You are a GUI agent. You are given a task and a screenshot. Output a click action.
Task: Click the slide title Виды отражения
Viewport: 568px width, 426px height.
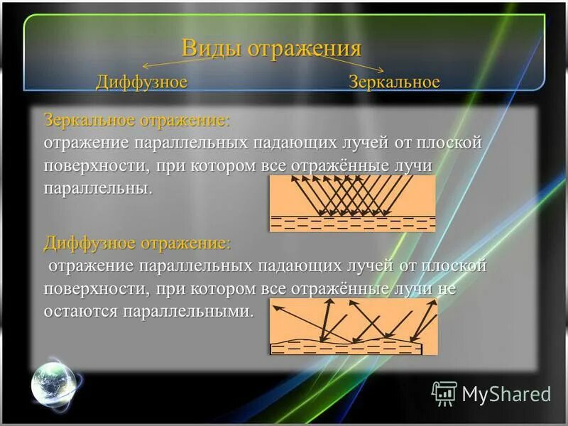[x=271, y=48]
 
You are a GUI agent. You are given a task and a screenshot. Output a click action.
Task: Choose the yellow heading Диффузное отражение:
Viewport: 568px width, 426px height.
[x=137, y=243]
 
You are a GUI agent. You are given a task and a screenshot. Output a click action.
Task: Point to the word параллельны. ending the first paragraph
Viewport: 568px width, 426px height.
[x=98, y=189]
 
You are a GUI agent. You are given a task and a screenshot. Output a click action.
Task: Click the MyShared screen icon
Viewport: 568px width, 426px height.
[x=444, y=393]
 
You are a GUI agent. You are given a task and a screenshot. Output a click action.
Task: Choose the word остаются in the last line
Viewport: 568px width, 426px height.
[x=80, y=312]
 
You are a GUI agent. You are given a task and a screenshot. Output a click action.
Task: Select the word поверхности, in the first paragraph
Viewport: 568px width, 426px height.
[x=96, y=165]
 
